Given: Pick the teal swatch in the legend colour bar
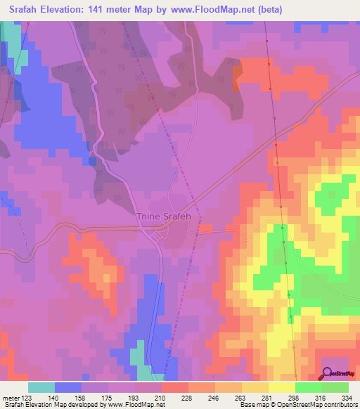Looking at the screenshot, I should point(41,388).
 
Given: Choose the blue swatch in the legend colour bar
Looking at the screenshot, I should point(68,388).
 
